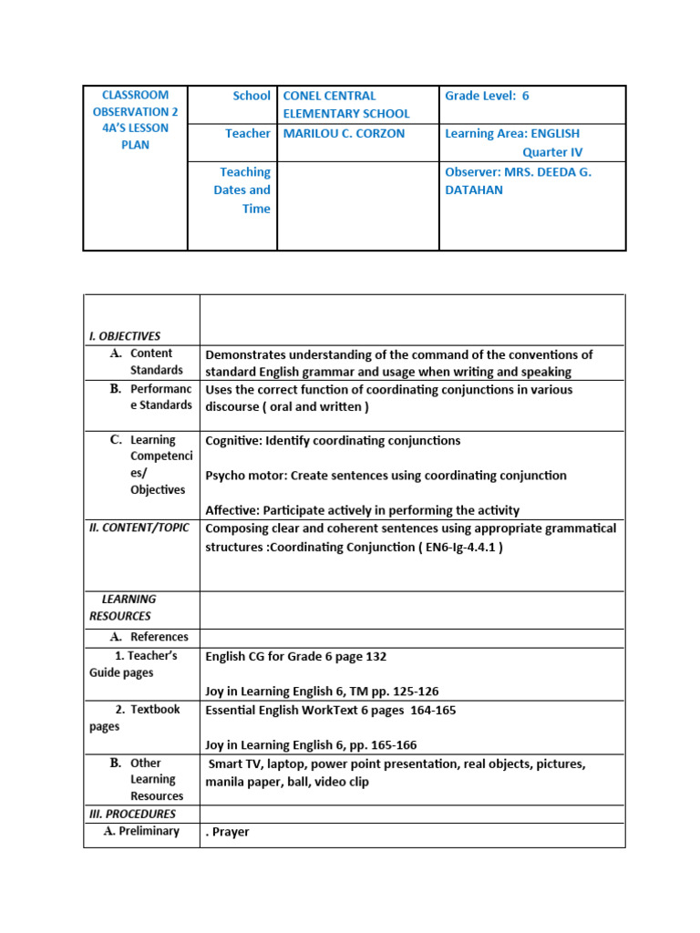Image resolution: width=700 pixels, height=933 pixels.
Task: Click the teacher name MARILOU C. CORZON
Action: [x=344, y=133]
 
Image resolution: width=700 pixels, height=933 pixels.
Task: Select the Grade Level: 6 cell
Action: [x=487, y=96]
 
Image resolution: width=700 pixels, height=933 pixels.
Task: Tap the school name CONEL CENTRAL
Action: [x=329, y=96]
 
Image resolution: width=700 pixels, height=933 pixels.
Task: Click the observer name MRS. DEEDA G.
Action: [x=518, y=171]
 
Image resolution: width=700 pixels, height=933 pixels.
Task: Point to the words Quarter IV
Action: [x=551, y=152]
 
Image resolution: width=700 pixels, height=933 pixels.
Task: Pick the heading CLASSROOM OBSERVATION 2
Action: [x=135, y=103]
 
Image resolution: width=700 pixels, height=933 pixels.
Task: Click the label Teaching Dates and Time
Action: [x=242, y=190]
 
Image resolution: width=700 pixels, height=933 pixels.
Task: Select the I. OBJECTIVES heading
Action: [x=125, y=335]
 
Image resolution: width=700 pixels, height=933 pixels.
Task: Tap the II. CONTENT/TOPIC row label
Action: [x=141, y=528]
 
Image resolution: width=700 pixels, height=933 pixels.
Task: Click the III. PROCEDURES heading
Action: [x=132, y=814]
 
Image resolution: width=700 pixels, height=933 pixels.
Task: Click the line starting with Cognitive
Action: [x=333, y=441]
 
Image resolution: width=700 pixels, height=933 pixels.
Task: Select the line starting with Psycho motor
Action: [x=386, y=476]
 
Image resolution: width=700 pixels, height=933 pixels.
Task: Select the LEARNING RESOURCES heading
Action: [x=123, y=607]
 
